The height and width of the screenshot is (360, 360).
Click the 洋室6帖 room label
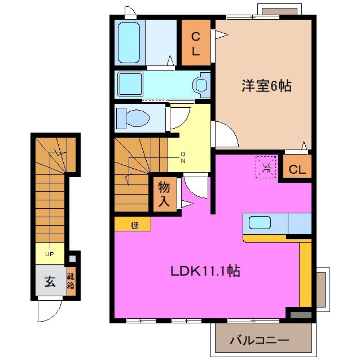(x=266, y=86)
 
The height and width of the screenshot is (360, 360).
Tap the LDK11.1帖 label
(x=205, y=271)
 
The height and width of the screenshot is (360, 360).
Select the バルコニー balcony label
(x=259, y=340)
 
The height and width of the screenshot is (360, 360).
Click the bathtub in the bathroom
(x=129, y=42)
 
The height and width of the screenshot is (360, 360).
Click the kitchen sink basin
(x=260, y=222)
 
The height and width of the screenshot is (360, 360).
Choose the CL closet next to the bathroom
(x=195, y=43)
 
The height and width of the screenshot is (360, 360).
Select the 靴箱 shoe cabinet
(x=71, y=281)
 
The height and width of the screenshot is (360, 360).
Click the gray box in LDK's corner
(x=300, y=314)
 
